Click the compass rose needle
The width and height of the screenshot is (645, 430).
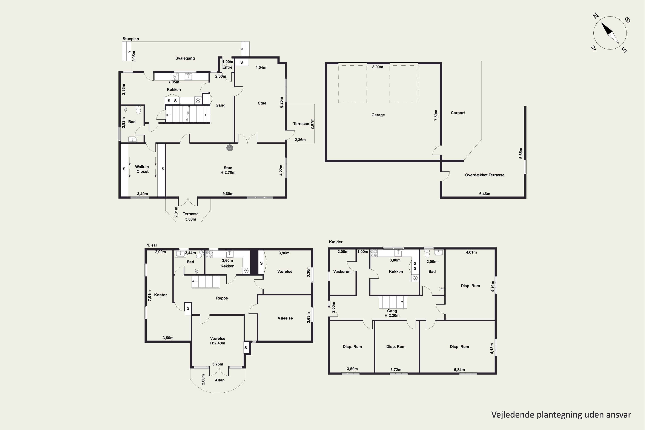(x=610, y=33)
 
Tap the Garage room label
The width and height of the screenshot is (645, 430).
(x=378, y=115)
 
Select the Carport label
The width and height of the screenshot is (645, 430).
(x=458, y=113)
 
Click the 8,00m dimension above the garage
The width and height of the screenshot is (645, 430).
(x=377, y=67)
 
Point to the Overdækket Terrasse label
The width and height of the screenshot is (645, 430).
(x=485, y=175)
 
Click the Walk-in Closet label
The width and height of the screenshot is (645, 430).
(x=142, y=169)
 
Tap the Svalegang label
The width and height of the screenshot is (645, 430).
(x=185, y=58)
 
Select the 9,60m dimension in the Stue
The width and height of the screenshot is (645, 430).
(x=228, y=194)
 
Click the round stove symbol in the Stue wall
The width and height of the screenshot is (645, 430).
(x=230, y=148)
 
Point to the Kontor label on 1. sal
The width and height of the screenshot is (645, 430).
(x=160, y=295)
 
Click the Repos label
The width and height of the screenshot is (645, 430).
(x=222, y=298)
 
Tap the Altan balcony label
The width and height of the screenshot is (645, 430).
(x=220, y=380)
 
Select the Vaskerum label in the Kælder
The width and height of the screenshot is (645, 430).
(x=342, y=272)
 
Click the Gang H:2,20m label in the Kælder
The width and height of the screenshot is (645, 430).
(x=392, y=313)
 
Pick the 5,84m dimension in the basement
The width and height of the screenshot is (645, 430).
(x=459, y=370)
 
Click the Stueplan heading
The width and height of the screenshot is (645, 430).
(x=131, y=39)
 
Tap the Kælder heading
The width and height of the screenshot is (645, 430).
(x=336, y=242)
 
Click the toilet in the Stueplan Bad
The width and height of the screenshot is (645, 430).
(x=138, y=110)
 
